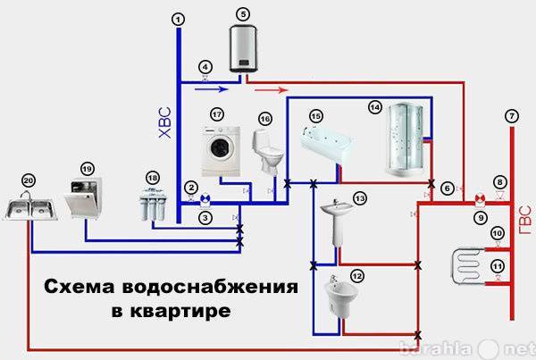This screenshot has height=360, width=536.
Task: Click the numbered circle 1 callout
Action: coord(179,18)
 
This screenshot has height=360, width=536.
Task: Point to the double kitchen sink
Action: coord(30,208)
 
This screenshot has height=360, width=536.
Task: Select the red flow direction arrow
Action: coord(273,90)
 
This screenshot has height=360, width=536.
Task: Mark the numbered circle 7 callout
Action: coord(510,114)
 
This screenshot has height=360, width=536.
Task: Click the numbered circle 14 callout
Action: coord(375,105)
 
